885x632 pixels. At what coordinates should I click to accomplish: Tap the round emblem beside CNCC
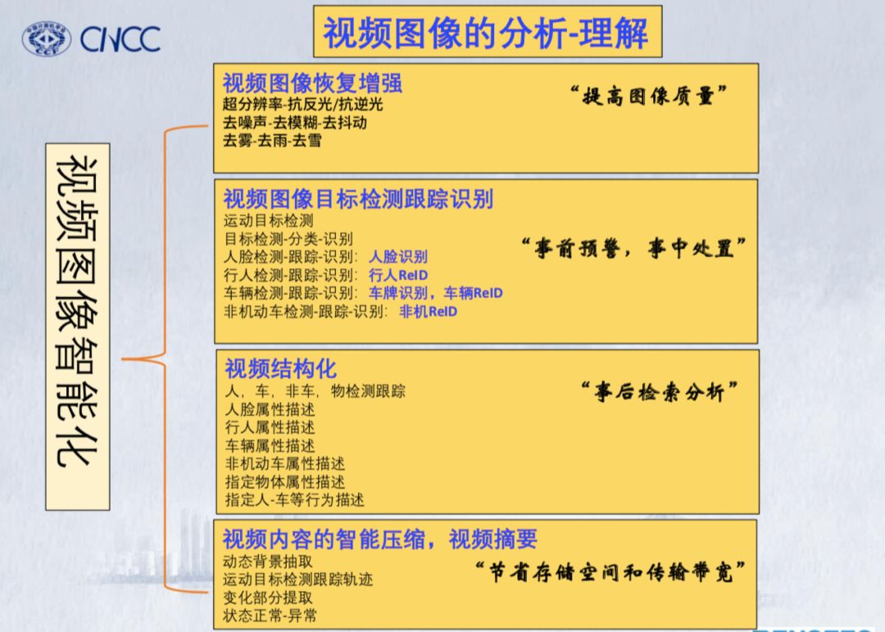coord(47,38)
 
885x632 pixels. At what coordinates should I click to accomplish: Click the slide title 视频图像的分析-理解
coord(486,34)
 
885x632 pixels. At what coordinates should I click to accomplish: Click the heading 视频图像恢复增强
coord(312,84)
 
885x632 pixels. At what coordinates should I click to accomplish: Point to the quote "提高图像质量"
coord(649,96)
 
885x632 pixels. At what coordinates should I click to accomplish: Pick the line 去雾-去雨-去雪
coord(272,140)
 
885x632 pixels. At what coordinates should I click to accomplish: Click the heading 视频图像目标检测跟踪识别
coord(358,199)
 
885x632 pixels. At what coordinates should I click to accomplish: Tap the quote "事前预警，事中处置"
coord(633,248)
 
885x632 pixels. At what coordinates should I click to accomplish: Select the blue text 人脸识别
coord(397,257)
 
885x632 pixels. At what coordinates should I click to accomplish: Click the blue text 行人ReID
coord(398,275)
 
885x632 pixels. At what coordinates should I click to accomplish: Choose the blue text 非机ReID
coord(428,311)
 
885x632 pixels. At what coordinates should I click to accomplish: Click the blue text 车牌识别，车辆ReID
coord(435,293)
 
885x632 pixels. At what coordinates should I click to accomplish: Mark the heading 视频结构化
coord(280,368)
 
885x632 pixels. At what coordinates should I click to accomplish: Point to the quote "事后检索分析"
coord(658,392)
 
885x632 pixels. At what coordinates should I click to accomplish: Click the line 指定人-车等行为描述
coord(294,499)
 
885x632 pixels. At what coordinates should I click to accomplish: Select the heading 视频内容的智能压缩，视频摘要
coord(380,539)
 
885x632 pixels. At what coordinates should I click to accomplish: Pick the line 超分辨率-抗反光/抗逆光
coord(302,104)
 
